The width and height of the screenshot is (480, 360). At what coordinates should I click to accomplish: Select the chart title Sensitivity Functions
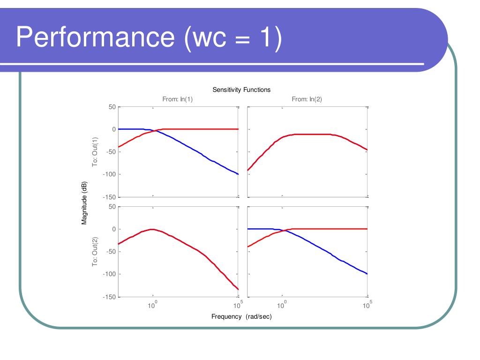tap(241, 90)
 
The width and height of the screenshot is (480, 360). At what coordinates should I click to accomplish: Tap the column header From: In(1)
tap(178, 99)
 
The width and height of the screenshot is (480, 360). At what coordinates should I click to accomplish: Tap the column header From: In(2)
tap(307, 99)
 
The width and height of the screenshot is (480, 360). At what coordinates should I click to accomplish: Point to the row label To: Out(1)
tap(95, 152)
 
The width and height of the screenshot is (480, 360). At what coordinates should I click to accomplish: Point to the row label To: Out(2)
tap(95, 252)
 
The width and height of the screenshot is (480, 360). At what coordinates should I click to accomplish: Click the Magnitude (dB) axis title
tap(84, 202)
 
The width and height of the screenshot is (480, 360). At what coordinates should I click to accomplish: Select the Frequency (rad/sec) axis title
tap(241, 316)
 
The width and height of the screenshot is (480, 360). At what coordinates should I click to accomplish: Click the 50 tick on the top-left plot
tap(112, 107)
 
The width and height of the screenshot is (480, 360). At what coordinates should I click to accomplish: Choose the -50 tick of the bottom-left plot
tap(111, 252)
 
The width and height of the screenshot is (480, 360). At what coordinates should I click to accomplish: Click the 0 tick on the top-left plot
tap(113, 129)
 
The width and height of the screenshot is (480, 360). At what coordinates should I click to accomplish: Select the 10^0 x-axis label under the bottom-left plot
tap(152, 306)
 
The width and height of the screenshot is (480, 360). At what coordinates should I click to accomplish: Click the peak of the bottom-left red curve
tap(151, 229)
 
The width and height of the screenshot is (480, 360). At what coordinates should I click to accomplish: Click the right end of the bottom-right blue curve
tap(367, 274)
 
